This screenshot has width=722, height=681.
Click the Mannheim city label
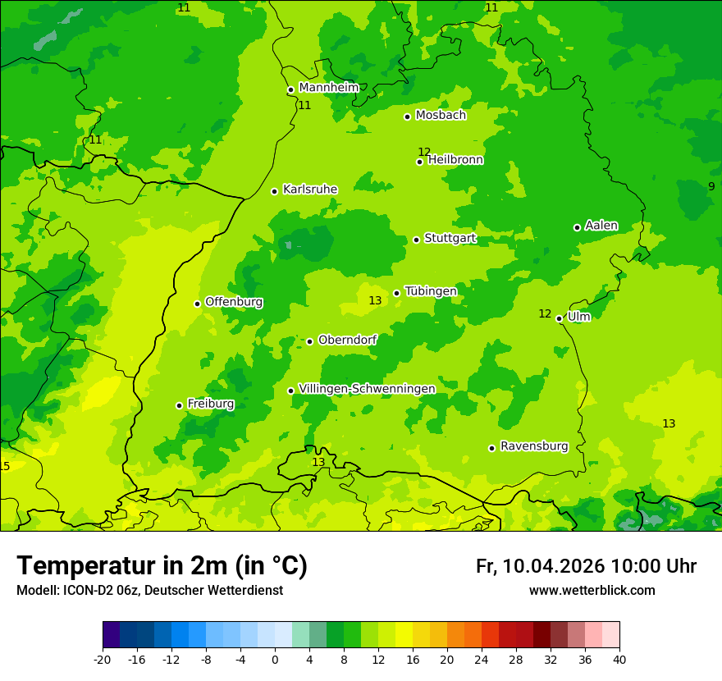tap(328, 88)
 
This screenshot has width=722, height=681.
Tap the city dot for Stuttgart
tap(417, 240)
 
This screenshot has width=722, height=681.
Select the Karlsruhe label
tap(310, 190)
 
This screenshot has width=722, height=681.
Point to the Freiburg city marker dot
tap(179, 405)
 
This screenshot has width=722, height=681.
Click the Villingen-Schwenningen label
tap(367, 389)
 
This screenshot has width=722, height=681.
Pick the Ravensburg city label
tap(534, 446)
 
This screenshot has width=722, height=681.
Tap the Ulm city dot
tap(560, 318)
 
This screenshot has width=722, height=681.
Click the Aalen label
tap(601, 226)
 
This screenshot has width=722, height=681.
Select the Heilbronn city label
tap(455, 160)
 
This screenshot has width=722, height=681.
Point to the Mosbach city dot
tap(407, 117)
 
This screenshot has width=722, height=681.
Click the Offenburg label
tap(234, 302)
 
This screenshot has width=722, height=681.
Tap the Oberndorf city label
tap(347, 340)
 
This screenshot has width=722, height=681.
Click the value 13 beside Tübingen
tap(375, 301)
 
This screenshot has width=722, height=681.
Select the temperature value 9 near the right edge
tap(711, 186)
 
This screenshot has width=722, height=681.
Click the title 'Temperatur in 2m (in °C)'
tap(162, 565)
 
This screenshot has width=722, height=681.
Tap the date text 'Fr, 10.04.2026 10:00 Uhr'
tap(586, 566)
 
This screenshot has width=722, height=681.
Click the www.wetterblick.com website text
tap(592, 591)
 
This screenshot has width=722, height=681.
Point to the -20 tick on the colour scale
tap(103, 660)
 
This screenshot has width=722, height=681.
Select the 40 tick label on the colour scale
tap(619, 660)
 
